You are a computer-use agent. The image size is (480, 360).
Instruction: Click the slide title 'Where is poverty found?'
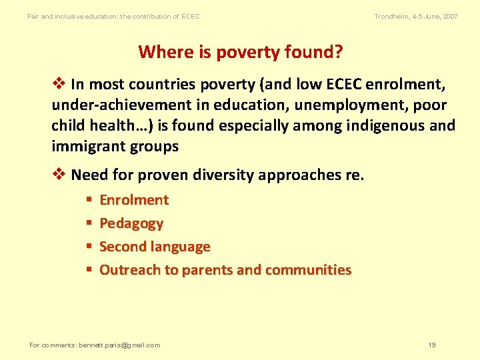(239, 51)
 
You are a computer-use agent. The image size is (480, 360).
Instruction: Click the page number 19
(432, 345)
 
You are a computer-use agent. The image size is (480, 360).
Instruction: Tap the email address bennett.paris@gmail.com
(119, 345)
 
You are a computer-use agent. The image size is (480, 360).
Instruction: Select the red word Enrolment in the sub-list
(134, 200)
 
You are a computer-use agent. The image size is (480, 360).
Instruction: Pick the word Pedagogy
(131, 223)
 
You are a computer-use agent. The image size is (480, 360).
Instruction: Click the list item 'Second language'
(155, 247)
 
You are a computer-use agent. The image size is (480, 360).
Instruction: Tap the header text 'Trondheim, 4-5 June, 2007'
(416, 16)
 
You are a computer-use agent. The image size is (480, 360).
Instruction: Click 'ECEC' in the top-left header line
(191, 16)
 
